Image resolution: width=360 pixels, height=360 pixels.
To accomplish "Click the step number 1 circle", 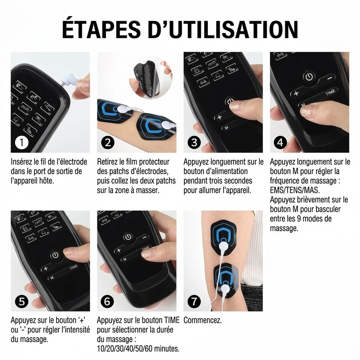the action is pos(21,142).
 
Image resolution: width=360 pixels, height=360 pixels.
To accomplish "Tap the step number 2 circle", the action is pos(108,142).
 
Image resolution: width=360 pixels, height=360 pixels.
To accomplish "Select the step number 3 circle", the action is pos(194,142).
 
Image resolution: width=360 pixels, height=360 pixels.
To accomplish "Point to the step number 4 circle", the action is pos(280,142).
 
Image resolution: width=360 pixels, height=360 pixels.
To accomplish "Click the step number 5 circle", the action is pos(21,301).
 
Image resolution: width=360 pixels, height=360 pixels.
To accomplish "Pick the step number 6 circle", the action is pos(108,301).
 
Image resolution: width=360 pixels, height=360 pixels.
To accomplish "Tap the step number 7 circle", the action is pos(194,301).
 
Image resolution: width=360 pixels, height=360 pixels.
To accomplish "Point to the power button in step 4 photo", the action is pos(309,77).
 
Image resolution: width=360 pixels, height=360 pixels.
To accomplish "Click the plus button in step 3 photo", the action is pos(220,117).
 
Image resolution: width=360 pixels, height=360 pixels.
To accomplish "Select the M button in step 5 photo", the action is pos(52,278).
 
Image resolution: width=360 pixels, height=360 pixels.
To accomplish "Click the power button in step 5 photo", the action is pos(55,255).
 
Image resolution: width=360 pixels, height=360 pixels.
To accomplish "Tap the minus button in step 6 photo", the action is pos(144,237).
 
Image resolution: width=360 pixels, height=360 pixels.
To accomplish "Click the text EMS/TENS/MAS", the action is pos(295,190).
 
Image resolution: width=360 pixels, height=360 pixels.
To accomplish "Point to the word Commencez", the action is pos(202,320).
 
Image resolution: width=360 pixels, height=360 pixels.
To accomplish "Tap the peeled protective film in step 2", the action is pos(149,78).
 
